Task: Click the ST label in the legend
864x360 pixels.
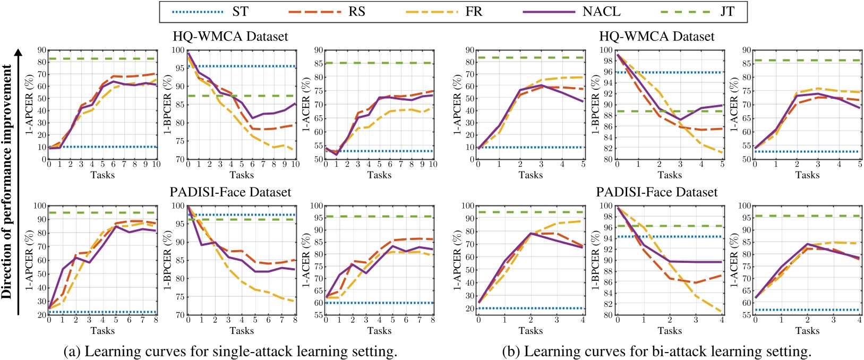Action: pyautogui.click(x=239, y=11)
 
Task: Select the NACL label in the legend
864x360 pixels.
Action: pyautogui.click(x=602, y=11)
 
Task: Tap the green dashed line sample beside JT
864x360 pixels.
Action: pyautogui.click(x=684, y=11)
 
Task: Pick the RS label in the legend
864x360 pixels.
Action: pyautogui.click(x=357, y=11)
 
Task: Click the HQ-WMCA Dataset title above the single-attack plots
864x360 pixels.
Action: pyautogui.click(x=230, y=36)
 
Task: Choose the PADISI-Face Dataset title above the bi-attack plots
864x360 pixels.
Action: pyautogui.click(x=657, y=192)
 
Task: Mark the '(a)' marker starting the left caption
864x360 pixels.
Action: pyautogui.click(x=72, y=351)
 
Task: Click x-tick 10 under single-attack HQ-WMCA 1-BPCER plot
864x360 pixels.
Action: pyautogui.click(x=296, y=165)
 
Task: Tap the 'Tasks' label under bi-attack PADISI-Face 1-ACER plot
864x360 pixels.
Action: pyautogui.click(x=807, y=331)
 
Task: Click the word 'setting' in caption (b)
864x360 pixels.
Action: pyautogui.click(x=788, y=351)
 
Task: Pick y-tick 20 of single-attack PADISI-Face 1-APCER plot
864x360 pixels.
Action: pyautogui.click(x=40, y=315)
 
